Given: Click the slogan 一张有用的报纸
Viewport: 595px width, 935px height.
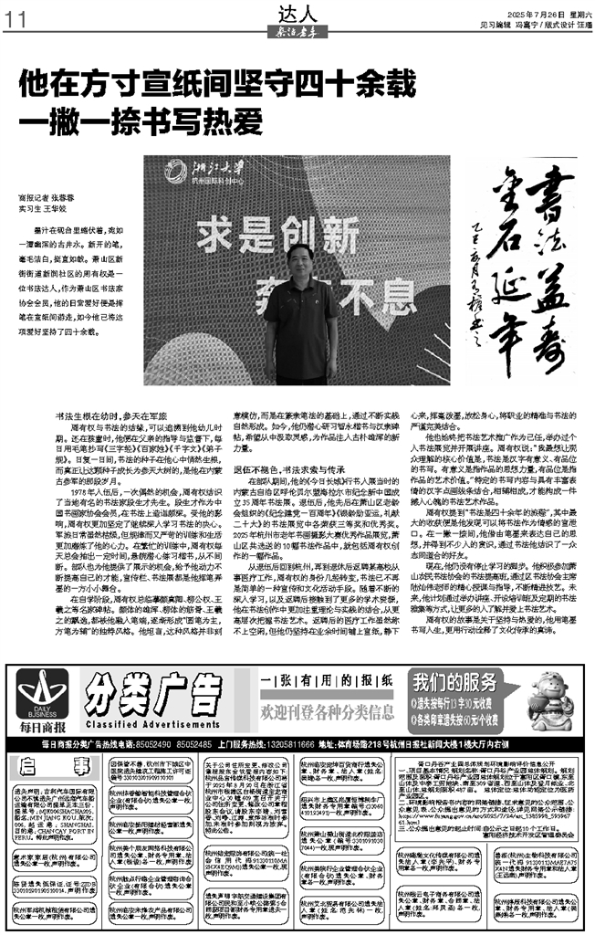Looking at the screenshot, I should click(327, 683).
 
